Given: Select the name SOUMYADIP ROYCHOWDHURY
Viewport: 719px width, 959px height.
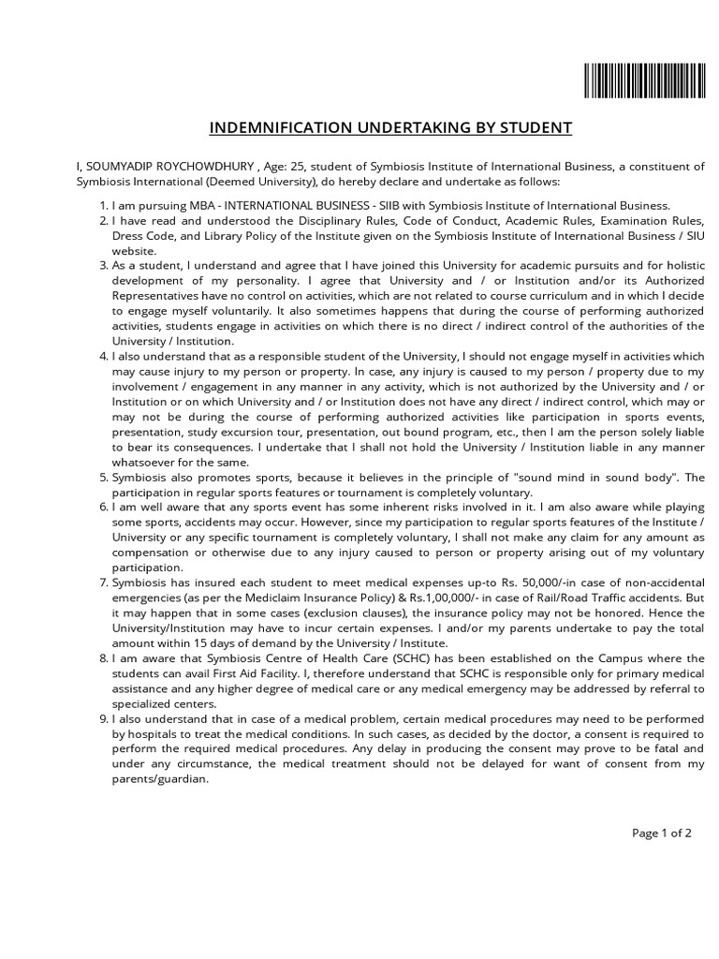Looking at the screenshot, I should pyautogui.click(x=169, y=166).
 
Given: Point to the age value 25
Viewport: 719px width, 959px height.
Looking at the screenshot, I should pyautogui.click(x=300, y=166).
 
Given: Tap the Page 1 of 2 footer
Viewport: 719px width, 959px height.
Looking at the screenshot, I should pyautogui.click(x=662, y=833).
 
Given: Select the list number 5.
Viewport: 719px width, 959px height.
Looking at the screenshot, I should pyautogui.click(x=104, y=477).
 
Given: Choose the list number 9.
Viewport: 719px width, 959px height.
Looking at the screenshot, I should pyautogui.click(x=104, y=718).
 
